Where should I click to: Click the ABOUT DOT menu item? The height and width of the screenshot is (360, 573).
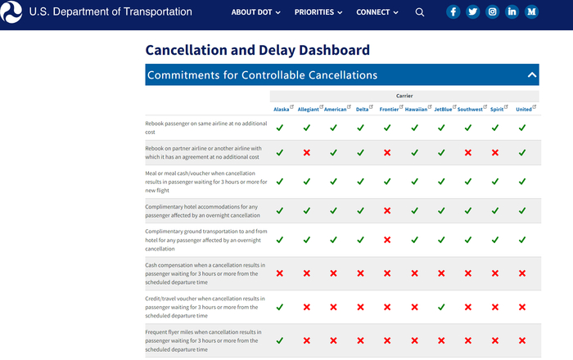coord(255,12)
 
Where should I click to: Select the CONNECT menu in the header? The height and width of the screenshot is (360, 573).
coord(377,12)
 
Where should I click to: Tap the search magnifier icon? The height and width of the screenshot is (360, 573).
coord(420,12)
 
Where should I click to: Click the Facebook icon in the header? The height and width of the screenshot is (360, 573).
coord(453,12)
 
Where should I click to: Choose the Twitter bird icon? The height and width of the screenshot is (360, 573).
coord(473,12)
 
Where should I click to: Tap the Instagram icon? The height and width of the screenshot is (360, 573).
coord(492,12)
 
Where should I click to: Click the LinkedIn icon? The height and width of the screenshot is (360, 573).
coord(512,12)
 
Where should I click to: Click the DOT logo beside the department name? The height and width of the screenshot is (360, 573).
coord(12,12)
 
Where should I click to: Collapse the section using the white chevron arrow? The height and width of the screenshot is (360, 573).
coord(532,75)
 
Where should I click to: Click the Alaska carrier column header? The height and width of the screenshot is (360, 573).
coord(281,109)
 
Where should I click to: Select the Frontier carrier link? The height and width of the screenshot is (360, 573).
coord(389,109)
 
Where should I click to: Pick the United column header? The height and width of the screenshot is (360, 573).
coord(524,109)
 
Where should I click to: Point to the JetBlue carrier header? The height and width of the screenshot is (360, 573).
coord(443,109)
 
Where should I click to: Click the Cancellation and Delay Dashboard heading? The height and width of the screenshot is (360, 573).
coord(257,50)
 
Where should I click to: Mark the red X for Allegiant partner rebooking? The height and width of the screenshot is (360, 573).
coord(307,153)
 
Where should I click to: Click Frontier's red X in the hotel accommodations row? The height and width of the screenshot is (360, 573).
coord(387,211)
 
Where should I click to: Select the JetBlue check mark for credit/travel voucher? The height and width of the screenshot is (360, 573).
coord(441,307)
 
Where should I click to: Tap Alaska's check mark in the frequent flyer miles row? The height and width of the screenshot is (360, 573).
coord(280,340)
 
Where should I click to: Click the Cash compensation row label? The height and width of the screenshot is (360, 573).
coord(204,273)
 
